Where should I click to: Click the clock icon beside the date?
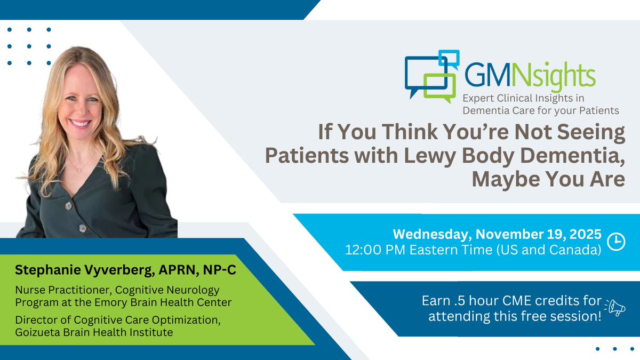(616, 241)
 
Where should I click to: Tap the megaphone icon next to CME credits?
(614, 307)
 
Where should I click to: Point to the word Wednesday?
(431, 234)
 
